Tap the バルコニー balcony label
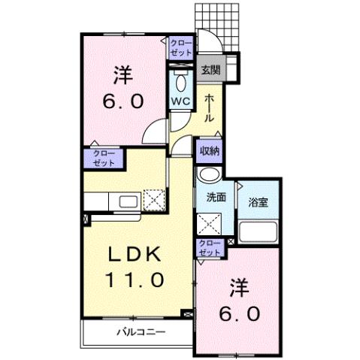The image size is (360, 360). pos(140,331)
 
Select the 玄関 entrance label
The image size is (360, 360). pos(210,70)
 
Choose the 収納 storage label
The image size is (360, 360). pos(210,150)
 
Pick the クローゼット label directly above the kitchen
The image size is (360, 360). pos(104,156)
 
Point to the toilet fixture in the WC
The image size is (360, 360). pos(181,81)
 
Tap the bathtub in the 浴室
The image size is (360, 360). pos(259,231)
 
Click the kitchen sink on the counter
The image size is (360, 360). pos(126,201)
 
